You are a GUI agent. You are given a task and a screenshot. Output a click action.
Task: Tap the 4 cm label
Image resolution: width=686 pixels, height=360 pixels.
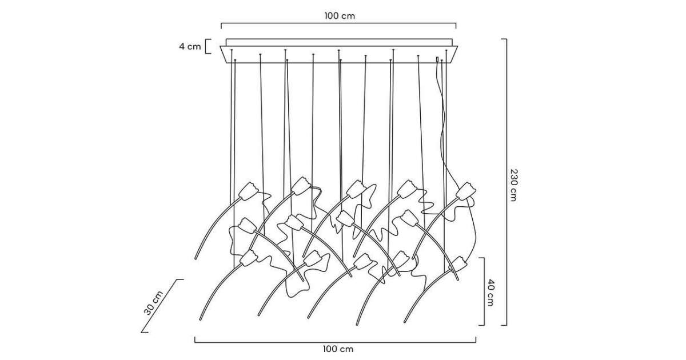coord(190,47)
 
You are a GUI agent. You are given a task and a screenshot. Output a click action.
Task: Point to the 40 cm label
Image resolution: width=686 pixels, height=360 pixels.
coord(490,292)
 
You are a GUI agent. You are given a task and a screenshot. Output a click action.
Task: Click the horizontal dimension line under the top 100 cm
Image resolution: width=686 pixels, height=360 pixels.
coord(338,24)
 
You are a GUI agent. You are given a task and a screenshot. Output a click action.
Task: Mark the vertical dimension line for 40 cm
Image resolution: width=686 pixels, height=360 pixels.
coord(484,291)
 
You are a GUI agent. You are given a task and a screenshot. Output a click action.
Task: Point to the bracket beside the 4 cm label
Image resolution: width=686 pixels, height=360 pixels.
coord(208,46)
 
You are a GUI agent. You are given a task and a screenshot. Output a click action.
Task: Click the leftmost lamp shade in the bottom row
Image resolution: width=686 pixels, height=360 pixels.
coord(249,258)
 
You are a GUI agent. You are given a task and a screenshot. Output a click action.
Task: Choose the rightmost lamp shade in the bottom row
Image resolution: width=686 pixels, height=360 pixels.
coord(459,264)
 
